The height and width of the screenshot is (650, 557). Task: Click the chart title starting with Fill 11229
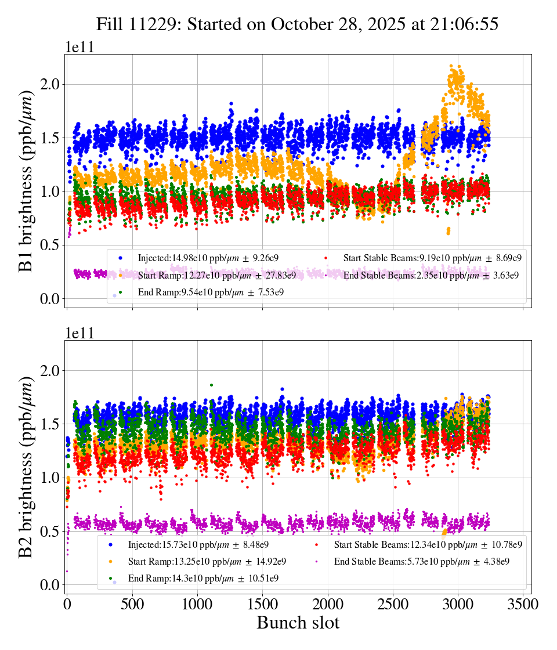pyautogui.click(x=297, y=24)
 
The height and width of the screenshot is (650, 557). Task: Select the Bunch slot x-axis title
pyautogui.click(x=298, y=623)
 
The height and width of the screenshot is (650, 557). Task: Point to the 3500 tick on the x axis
pyautogui.click(x=523, y=604)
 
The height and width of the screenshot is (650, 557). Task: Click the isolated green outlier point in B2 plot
pyautogui.click(x=212, y=385)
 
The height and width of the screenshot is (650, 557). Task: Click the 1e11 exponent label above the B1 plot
pyautogui.click(x=79, y=48)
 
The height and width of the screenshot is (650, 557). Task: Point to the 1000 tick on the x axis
pyautogui.click(x=198, y=604)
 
